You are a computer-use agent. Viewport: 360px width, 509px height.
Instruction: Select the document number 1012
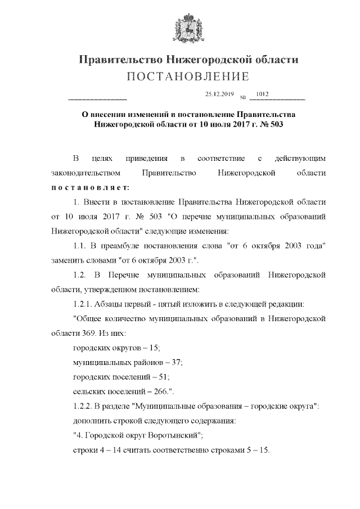coord(262,94)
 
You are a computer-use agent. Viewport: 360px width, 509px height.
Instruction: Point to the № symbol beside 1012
coord(243,97)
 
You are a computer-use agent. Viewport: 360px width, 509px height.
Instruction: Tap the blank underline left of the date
coord(96,99)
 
